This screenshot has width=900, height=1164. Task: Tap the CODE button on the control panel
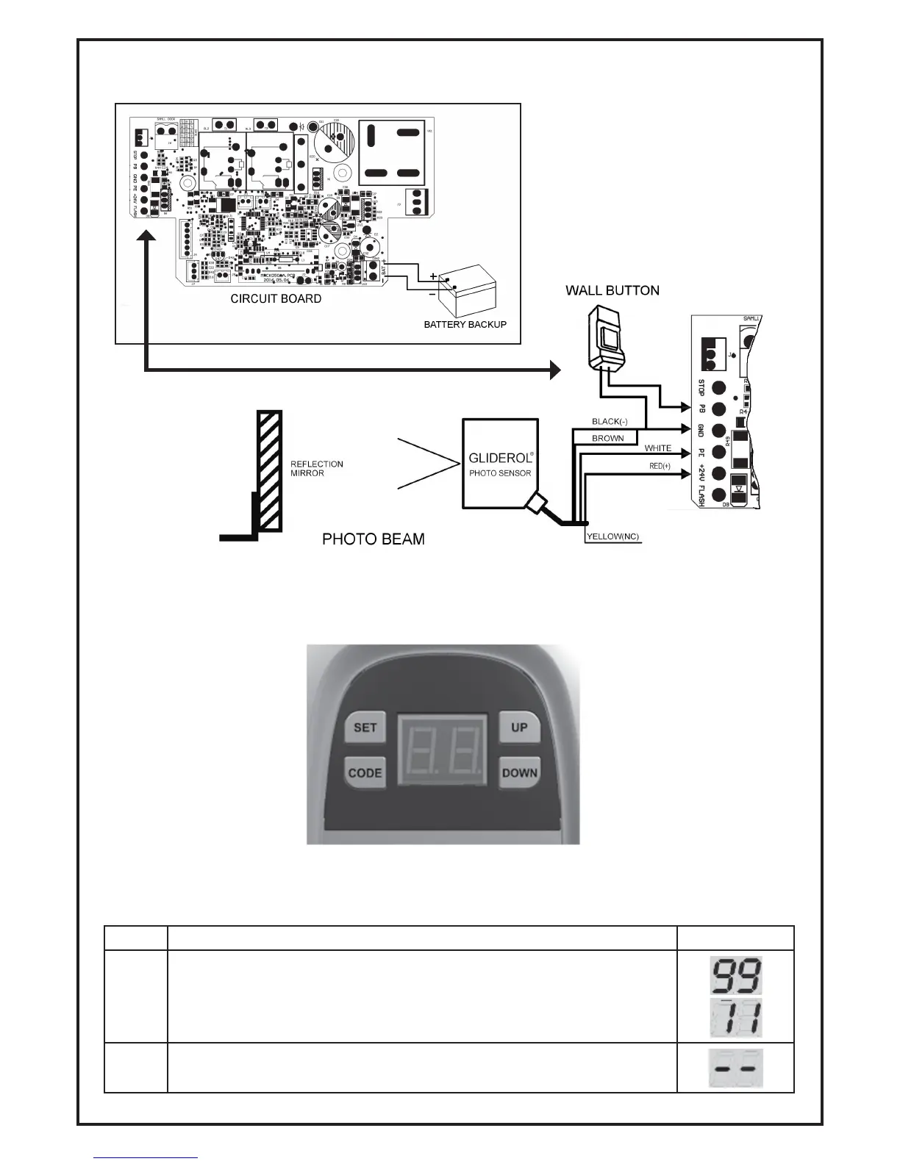(x=365, y=773)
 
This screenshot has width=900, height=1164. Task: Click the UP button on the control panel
(x=519, y=727)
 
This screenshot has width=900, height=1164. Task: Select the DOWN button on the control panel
(x=520, y=773)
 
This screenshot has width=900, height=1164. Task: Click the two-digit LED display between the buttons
(x=443, y=750)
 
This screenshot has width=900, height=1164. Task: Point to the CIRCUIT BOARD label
(x=276, y=299)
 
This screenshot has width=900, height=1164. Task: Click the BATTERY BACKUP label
(x=465, y=324)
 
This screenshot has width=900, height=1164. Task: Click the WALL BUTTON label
(x=612, y=290)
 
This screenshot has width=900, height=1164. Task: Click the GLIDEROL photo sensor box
(x=500, y=464)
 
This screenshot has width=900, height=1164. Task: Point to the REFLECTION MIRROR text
(x=317, y=469)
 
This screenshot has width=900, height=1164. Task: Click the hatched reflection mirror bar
(x=268, y=471)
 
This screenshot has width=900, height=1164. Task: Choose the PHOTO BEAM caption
(x=374, y=539)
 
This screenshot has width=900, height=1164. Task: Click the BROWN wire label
(x=607, y=439)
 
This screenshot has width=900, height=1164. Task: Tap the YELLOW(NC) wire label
(x=612, y=537)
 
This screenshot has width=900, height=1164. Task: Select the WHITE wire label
(x=657, y=448)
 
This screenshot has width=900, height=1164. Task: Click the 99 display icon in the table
(x=735, y=975)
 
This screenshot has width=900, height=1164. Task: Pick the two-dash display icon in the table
(x=735, y=1068)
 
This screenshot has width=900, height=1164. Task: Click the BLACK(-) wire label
(x=610, y=422)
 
